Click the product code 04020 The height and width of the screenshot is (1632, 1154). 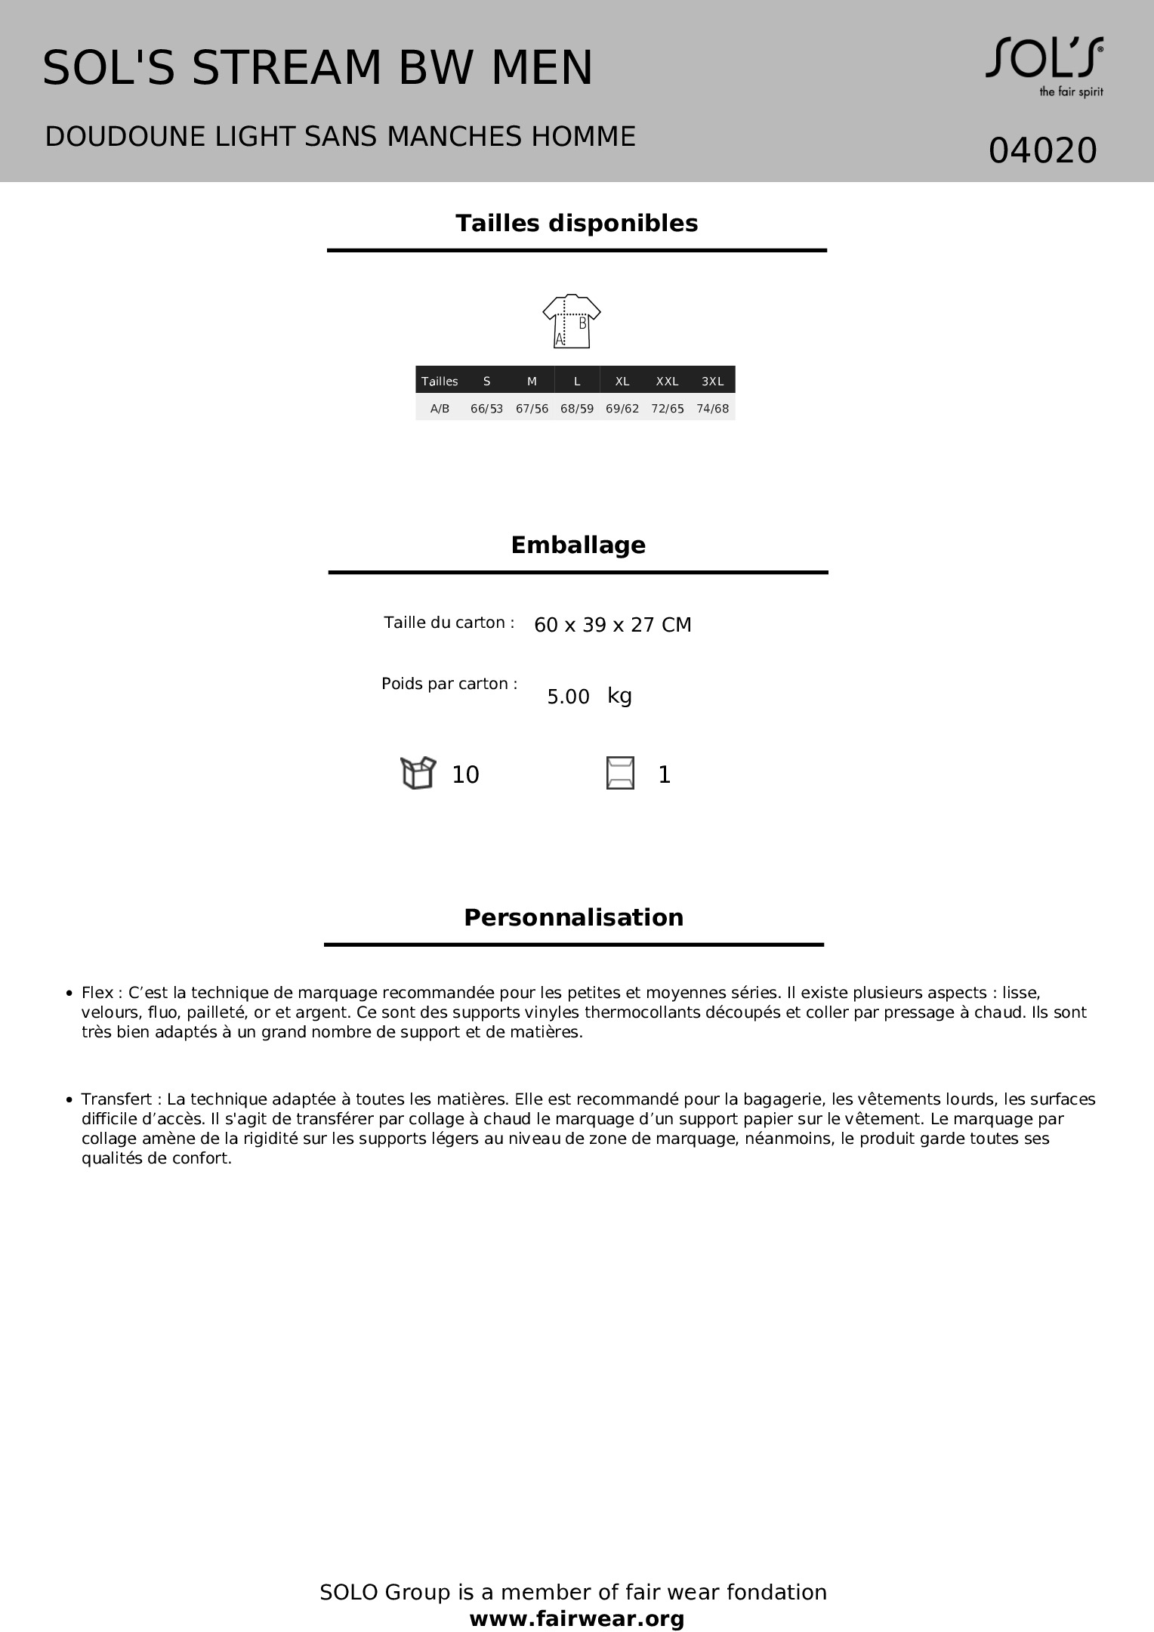click(x=1042, y=150)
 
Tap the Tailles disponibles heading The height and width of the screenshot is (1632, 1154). click(x=576, y=224)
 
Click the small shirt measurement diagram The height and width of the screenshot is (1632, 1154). click(x=572, y=321)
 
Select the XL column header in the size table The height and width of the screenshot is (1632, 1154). click(x=622, y=382)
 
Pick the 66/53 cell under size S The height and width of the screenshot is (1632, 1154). click(x=486, y=409)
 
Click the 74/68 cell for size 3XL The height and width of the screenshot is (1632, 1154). click(x=712, y=409)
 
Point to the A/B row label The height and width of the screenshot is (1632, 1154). click(x=440, y=409)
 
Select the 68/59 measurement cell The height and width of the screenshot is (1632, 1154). click(x=577, y=409)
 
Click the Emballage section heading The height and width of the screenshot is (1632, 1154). click(x=578, y=546)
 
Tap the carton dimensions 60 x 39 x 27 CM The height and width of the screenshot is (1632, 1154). click(x=612, y=625)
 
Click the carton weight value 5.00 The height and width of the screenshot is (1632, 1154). click(x=568, y=697)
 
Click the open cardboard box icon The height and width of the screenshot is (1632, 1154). click(x=418, y=773)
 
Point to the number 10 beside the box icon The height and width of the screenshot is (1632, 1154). click(x=465, y=775)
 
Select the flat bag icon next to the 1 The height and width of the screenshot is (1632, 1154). click(x=620, y=774)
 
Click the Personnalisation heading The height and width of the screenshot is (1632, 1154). click(x=573, y=918)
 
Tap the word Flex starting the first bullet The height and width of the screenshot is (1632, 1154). click(x=97, y=993)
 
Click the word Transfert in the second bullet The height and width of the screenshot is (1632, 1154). click(x=116, y=1099)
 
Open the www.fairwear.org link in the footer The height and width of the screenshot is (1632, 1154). click(x=577, y=1618)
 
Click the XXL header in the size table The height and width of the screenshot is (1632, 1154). click(x=667, y=382)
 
